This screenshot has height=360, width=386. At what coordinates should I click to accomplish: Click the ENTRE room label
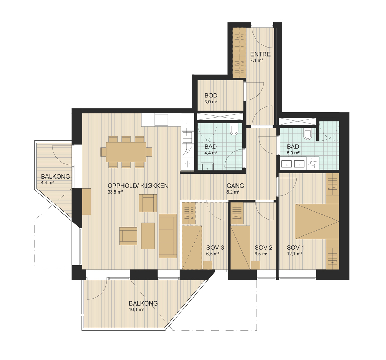pyautogui.click(x=260, y=54)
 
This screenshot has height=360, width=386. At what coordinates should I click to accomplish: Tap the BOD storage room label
pyautogui.click(x=211, y=95)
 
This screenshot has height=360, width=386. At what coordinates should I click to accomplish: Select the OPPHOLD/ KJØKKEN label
pyautogui.click(x=138, y=186)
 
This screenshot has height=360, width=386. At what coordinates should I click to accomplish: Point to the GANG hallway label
pyautogui.click(x=235, y=186)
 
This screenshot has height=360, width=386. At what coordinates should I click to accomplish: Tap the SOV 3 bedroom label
pyautogui.click(x=215, y=247)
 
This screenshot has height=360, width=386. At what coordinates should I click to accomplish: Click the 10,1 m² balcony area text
pyautogui.click(x=136, y=310)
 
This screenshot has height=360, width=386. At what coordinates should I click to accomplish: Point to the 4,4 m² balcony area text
pyautogui.click(x=48, y=183)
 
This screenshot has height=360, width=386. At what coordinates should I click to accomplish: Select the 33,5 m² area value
pyautogui.click(x=115, y=192)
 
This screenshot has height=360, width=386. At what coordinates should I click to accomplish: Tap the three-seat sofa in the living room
pyautogui.click(x=168, y=236)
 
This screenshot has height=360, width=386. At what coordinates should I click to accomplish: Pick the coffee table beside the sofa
pyautogui.click(x=148, y=235)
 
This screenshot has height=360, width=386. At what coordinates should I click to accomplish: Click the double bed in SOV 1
pyautogui.click(x=317, y=221)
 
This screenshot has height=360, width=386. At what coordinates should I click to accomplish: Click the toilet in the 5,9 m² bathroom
pyautogui.click(x=307, y=134)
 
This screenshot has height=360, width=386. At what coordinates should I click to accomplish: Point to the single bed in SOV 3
pyautogui.click(x=192, y=247)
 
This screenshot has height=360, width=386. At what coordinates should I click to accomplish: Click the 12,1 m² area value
pyautogui.click(x=294, y=254)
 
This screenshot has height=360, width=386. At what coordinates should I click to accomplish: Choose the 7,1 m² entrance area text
pyautogui.click(x=257, y=60)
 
